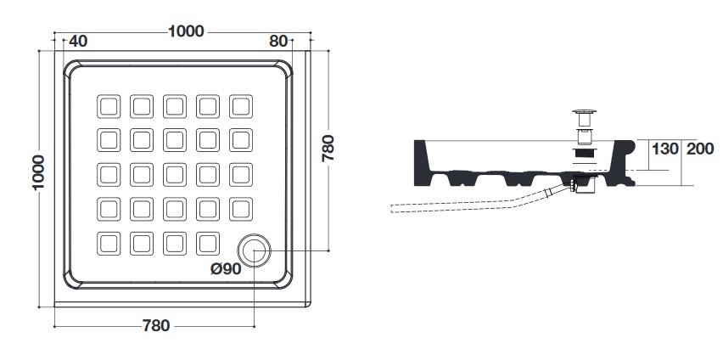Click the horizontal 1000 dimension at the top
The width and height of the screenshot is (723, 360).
click(x=186, y=31)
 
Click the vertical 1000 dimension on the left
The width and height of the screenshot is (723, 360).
click(x=38, y=172)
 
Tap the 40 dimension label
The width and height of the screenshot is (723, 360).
click(x=78, y=41)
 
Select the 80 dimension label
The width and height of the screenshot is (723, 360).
click(x=278, y=41)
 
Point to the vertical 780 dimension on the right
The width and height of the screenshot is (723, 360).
click(x=328, y=148)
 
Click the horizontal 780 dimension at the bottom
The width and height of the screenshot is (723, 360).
click(x=156, y=326)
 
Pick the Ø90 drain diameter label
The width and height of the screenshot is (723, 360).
click(x=226, y=268)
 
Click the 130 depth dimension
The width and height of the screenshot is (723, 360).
click(x=664, y=149)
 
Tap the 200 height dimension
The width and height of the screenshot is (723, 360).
click(x=700, y=149)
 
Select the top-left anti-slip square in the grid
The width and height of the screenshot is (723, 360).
click(x=109, y=106)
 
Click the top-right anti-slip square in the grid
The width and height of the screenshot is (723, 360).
click(x=241, y=106)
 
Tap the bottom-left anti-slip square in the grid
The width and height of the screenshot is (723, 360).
click(x=109, y=244)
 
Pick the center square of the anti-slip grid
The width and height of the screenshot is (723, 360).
click(x=175, y=175)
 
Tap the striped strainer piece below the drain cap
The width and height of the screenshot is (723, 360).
click(x=584, y=153)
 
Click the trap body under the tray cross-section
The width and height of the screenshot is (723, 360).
click(x=585, y=183)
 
